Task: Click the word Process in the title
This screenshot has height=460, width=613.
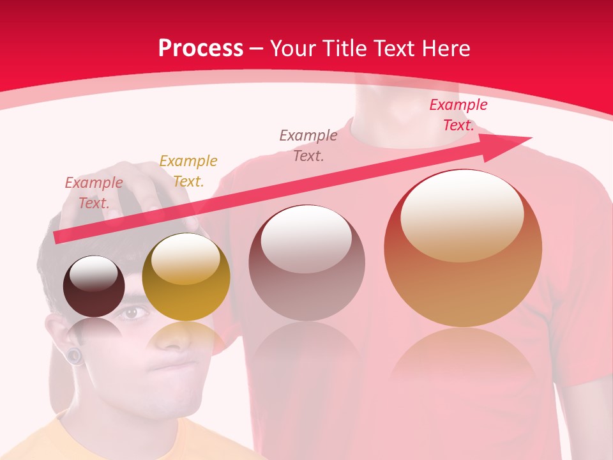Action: click(201, 49)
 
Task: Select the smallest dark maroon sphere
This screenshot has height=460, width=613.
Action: click(95, 286)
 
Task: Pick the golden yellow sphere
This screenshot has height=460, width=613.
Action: click(186, 277)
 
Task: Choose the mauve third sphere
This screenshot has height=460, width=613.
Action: click(307, 263)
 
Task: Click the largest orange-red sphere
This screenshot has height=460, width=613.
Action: click(463, 248)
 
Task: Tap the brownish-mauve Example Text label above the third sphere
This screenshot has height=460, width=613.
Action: click(308, 145)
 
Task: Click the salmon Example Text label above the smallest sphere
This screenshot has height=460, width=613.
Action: click(94, 193)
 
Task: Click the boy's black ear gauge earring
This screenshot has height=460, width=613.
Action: click(76, 356)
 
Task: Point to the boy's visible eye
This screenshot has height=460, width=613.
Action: click(131, 312)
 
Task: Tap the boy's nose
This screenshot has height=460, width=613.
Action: click(170, 339)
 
